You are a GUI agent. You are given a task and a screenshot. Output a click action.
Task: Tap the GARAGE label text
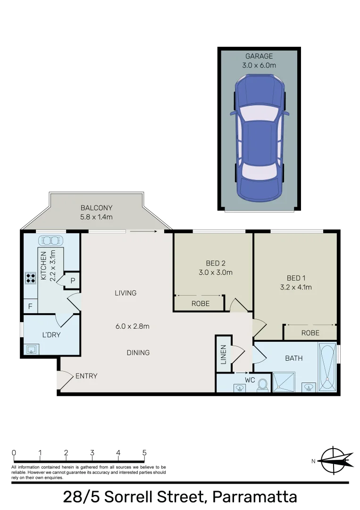point(259,57)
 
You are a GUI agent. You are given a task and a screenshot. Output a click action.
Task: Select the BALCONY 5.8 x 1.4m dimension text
point(96,217)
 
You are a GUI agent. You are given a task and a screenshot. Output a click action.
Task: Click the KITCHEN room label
point(44,266)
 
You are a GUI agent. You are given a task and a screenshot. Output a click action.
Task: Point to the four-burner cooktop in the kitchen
point(31,278)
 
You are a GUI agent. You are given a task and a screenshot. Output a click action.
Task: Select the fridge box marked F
point(30,306)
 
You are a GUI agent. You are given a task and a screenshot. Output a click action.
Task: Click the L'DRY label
point(51,335)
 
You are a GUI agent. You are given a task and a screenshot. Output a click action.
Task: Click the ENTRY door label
point(86,376)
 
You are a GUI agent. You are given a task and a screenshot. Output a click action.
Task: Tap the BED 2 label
point(216,263)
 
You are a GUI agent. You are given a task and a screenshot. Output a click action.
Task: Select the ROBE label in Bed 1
point(310,333)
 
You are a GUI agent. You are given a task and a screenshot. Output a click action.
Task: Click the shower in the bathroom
point(285,382)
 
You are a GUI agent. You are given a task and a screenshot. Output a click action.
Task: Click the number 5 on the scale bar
point(144,452)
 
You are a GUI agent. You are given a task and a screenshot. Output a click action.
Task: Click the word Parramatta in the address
point(254,497)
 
